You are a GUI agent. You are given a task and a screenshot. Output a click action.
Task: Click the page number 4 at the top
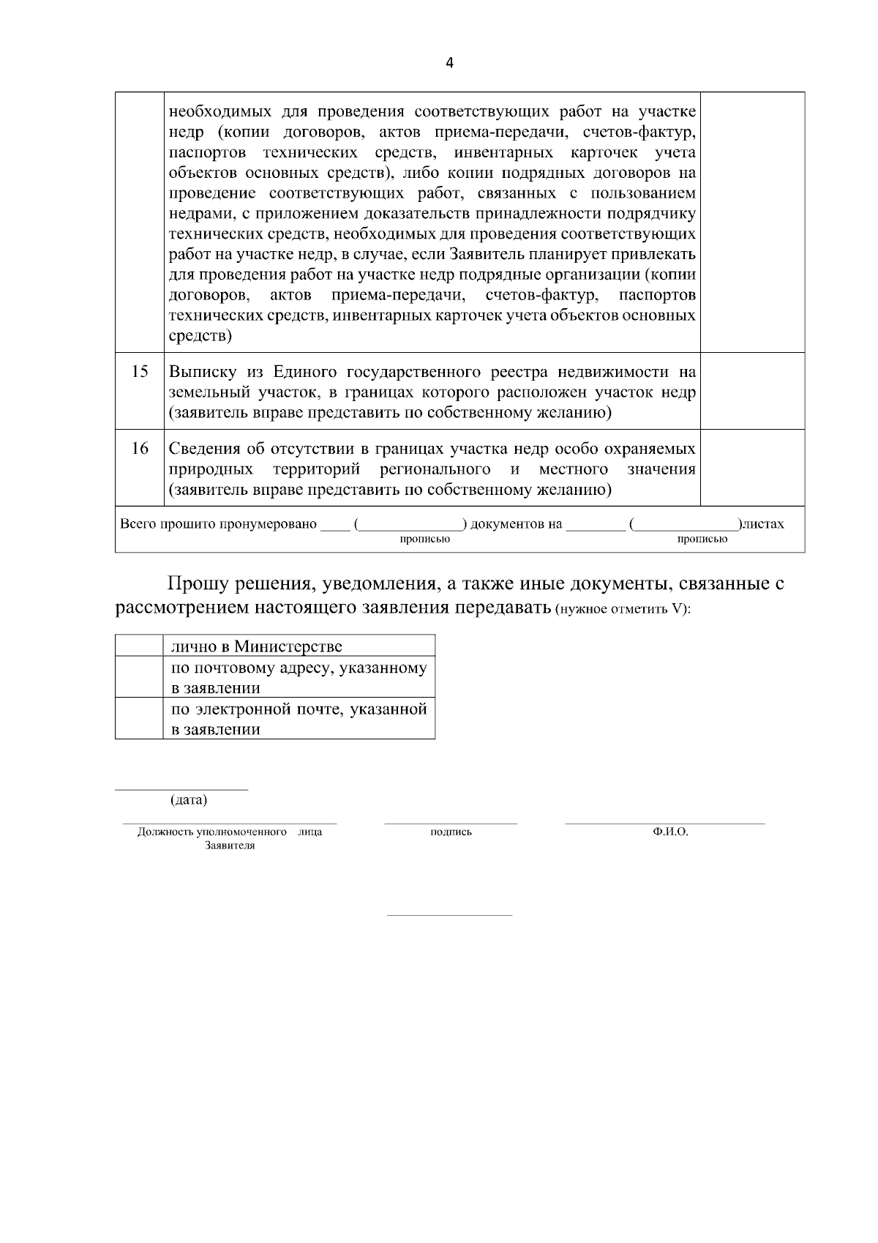point(449,63)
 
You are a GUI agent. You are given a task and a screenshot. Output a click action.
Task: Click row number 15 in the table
point(140,371)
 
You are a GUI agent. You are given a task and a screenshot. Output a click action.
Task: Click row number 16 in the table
point(140,448)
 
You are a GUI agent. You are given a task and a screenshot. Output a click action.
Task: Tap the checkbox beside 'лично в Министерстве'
point(139,646)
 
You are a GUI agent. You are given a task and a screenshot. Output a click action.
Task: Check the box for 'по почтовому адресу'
point(139,677)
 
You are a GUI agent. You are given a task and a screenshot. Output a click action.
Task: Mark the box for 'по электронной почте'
point(139,718)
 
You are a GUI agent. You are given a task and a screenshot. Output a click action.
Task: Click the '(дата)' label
point(189,800)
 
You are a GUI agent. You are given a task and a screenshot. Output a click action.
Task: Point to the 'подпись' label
point(451,832)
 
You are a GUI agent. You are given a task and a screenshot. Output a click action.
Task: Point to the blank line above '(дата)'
point(181,790)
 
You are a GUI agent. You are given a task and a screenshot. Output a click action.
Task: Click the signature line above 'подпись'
point(451,824)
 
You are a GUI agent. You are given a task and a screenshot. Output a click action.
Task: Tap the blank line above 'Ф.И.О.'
point(664,824)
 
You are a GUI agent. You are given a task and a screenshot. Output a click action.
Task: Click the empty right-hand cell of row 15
point(752,390)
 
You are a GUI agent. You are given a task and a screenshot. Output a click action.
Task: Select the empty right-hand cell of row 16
point(752,467)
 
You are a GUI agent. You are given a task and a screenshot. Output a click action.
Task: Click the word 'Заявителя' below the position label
point(230,846)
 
